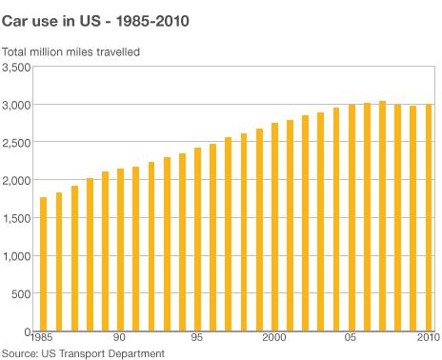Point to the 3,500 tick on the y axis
16,67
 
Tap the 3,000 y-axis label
16,104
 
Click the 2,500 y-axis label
16,142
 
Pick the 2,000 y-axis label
16,180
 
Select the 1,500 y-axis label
16,218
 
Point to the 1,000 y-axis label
16,256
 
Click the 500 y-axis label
22,294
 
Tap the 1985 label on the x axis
43,339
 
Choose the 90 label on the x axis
120,339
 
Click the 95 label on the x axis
197,339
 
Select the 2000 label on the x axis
274,339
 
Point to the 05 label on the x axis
352,339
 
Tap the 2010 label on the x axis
428,339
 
